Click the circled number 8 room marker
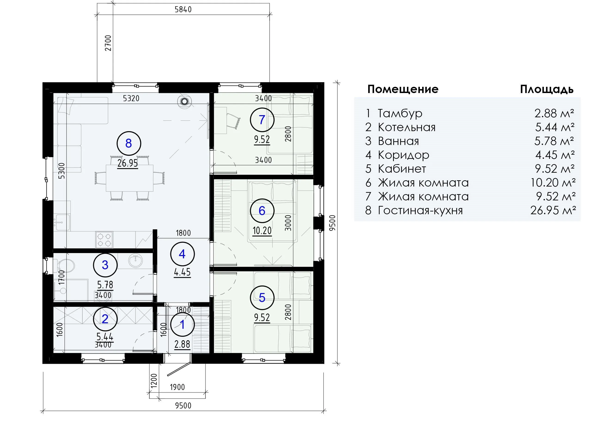129,144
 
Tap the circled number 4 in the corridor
182,254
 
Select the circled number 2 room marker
105,319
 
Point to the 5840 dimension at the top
183,9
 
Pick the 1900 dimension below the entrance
177,387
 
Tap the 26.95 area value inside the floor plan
128,163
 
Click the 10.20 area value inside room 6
262,231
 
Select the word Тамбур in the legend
400,113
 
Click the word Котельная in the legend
406,127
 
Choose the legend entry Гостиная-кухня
420,211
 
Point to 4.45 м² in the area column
555,155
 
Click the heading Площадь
547,90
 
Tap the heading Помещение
403,89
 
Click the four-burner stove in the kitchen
104,240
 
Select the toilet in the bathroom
64,265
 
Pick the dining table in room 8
130,178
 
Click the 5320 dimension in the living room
131,98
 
